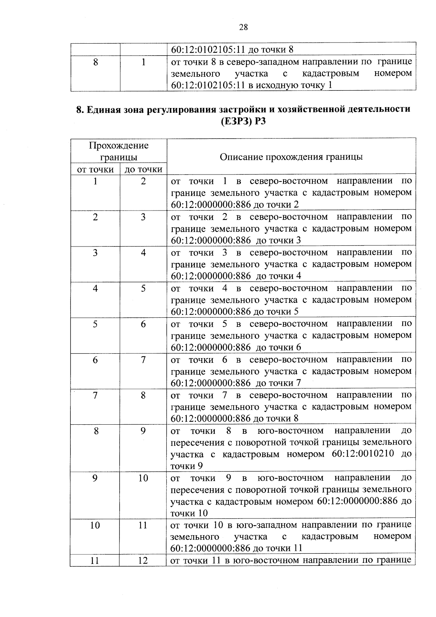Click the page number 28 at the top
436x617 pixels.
tap(243, 27)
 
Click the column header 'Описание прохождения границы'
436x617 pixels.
tap(291, 157)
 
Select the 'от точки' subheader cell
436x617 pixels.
tap(95, 169)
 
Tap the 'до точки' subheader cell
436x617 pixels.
tap(143, 169)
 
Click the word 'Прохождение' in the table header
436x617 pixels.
tap(119, 146)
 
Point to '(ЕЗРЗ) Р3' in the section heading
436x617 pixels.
tap(243, 121)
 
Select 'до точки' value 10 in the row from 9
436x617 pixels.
tap(143, 478)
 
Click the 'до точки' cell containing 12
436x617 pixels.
tap(143, 561)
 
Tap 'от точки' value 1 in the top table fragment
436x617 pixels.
tap(143, 63)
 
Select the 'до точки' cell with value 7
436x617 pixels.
tap(143, 360)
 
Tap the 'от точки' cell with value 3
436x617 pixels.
tap(95, 253)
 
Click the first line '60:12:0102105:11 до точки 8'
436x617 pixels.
tap(232, 50)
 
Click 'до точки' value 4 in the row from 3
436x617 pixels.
tap(143, 253)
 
